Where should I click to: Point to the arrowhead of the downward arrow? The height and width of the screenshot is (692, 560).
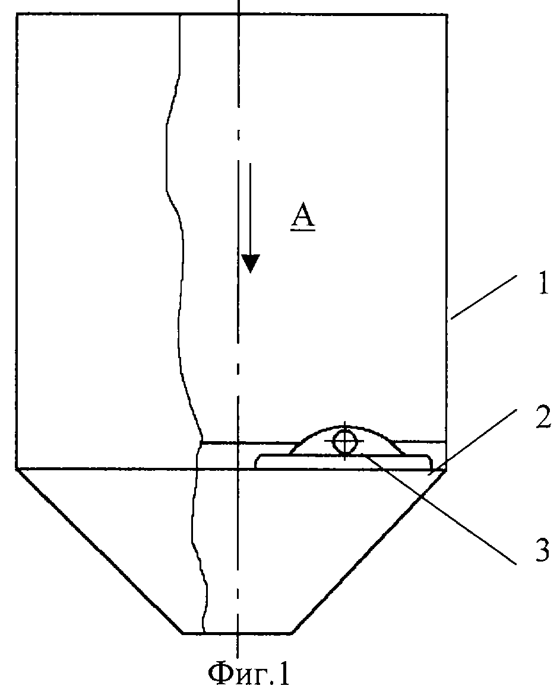coord(251,263)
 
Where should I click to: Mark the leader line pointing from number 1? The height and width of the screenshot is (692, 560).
coord(483,296)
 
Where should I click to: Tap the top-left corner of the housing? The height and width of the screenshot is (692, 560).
coord(17,14)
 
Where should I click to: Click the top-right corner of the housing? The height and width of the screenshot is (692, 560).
coord(447,14)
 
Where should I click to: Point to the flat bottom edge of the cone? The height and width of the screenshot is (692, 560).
coord(238,633)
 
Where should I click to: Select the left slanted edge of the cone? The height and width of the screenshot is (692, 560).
coord(99,551)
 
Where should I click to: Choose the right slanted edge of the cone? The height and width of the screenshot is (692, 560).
coord(368,551)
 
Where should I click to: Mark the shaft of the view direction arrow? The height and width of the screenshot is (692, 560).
coord(250,210)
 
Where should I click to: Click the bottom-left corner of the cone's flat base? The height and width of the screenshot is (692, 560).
coord(183,633)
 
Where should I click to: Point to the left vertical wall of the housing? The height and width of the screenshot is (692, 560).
coord(17,241)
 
